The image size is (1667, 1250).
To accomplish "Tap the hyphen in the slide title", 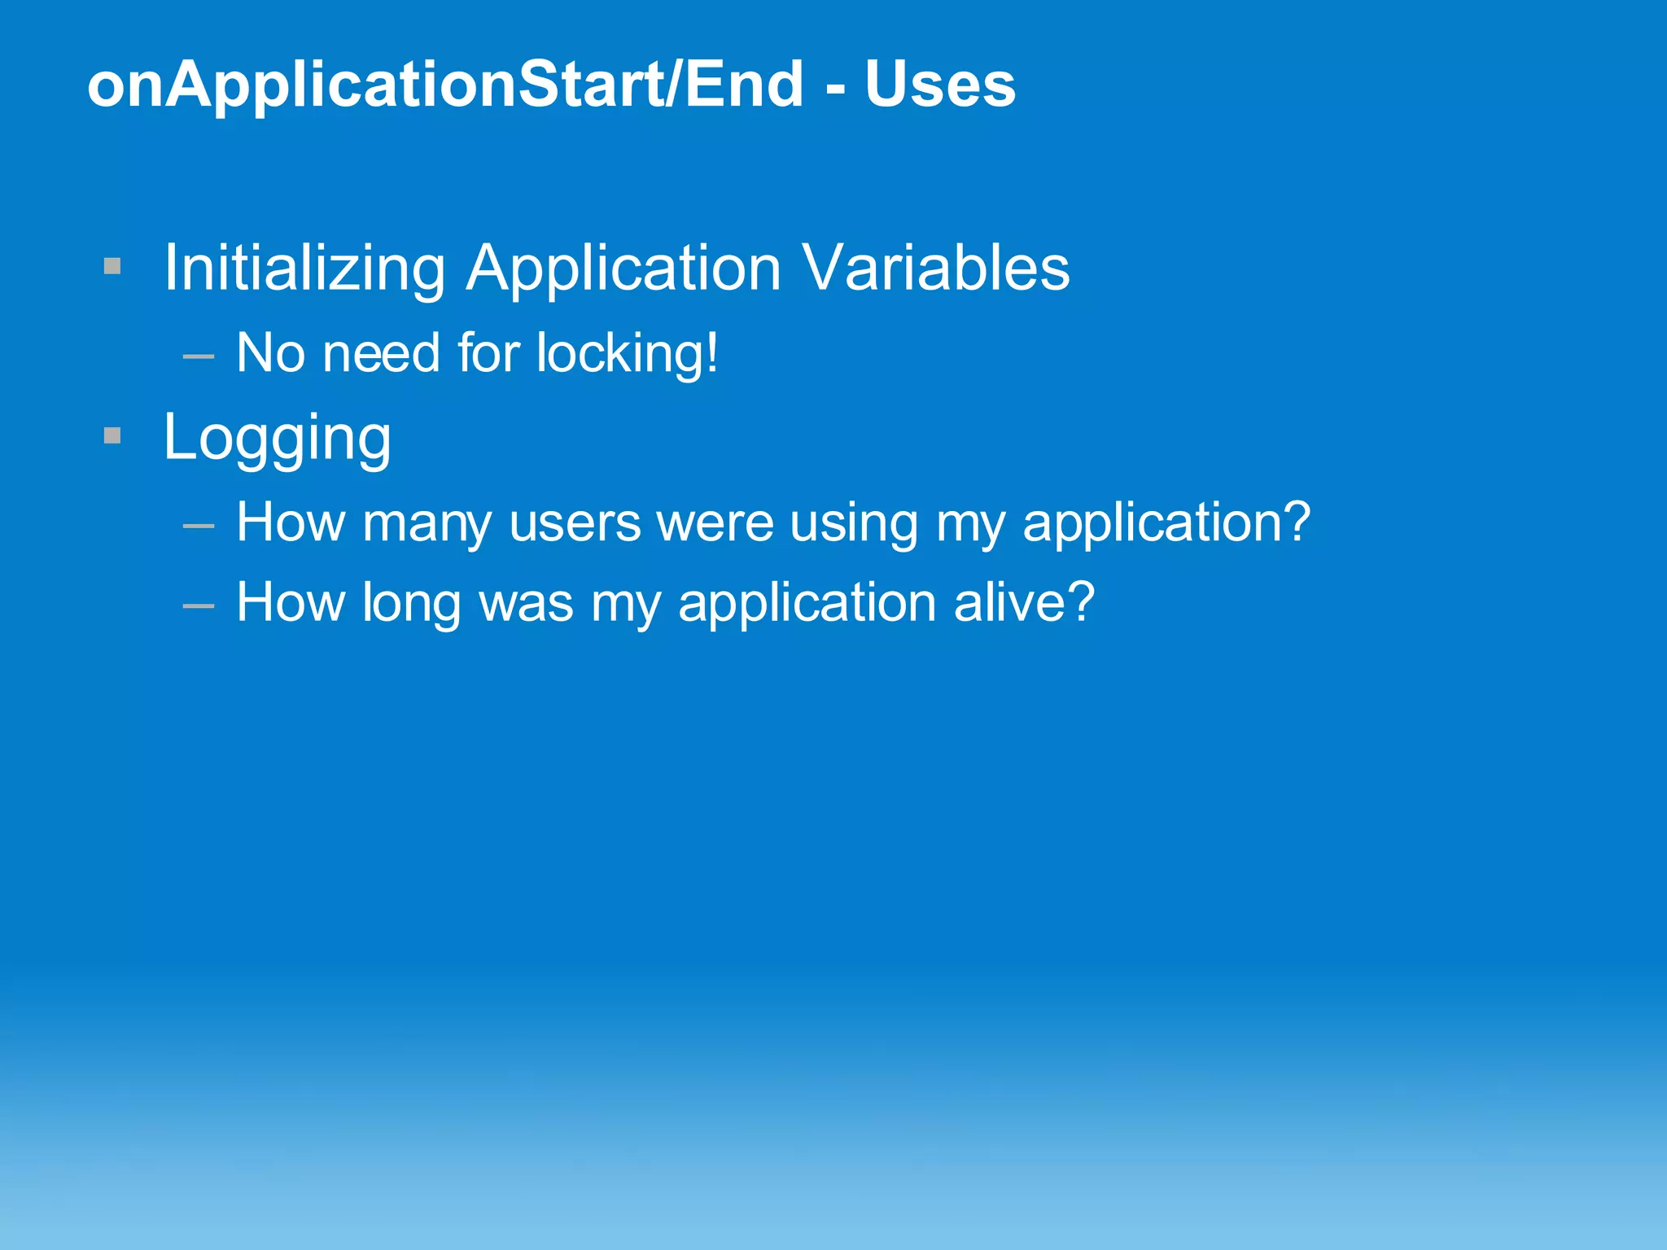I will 834,88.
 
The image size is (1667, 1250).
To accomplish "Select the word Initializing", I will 304,268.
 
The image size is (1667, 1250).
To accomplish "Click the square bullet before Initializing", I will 112,266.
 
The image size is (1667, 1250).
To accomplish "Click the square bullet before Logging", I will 112,436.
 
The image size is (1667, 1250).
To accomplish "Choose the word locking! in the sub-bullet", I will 627,354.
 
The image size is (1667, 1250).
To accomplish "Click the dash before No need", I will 199,356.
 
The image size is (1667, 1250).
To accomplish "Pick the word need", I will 381,354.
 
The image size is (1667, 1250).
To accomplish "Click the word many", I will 427,524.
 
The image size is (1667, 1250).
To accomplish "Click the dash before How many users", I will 199,527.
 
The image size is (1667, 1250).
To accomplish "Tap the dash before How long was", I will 199,606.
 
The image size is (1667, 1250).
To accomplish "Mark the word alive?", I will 1024,602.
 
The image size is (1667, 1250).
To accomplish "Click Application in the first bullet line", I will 623,269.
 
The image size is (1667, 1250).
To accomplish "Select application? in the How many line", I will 1166,524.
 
